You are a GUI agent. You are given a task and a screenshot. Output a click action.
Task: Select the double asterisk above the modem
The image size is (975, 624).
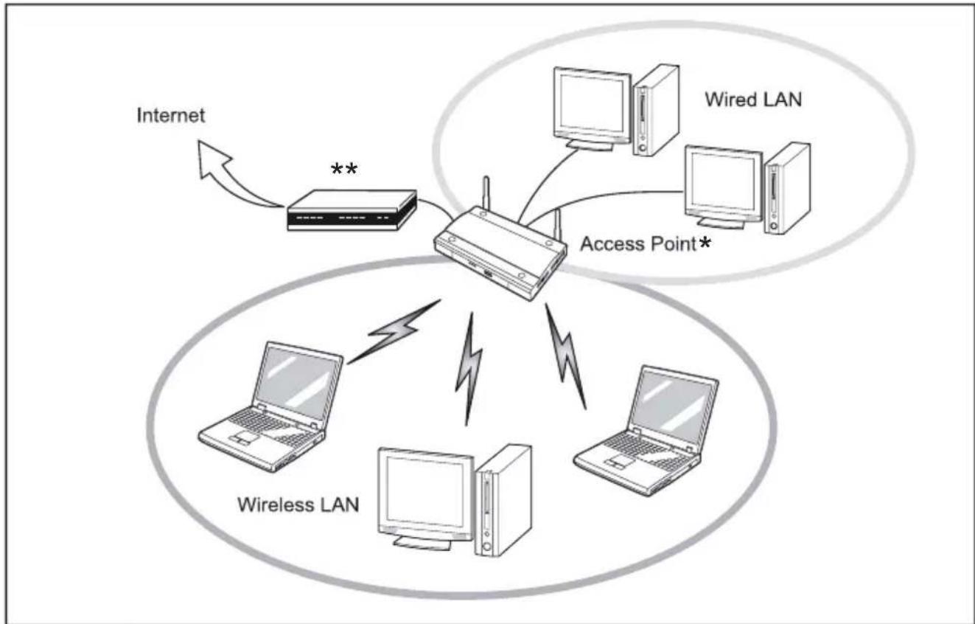tap(343, 171)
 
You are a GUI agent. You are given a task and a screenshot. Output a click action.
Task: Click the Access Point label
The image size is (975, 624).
tap(637, 244)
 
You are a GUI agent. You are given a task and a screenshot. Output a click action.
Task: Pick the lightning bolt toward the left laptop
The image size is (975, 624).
tap(394, 331)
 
